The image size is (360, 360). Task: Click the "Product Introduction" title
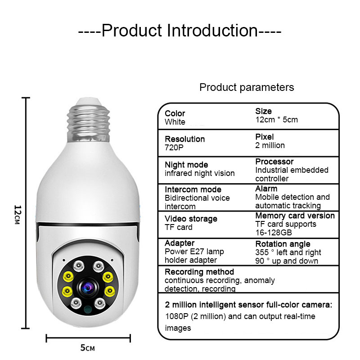180,30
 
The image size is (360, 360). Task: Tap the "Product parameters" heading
247,87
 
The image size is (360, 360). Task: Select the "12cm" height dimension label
18,215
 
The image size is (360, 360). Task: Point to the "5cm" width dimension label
87,348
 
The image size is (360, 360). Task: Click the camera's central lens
88,287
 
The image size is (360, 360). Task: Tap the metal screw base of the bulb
88,123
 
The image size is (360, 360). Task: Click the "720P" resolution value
174,148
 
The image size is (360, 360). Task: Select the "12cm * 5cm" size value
277,120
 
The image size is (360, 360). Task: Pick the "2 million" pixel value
270,145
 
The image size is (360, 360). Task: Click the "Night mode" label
186,165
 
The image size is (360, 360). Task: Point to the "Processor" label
274,162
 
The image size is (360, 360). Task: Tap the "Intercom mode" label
193,189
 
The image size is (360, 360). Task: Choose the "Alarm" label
266,189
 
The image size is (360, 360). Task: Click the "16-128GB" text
274,233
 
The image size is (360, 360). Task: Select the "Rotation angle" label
283,244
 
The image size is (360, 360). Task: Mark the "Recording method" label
199,272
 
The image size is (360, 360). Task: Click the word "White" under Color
175,122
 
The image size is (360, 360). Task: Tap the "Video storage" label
191,219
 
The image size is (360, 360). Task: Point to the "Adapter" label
180,243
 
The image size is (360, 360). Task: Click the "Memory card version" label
295,216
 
